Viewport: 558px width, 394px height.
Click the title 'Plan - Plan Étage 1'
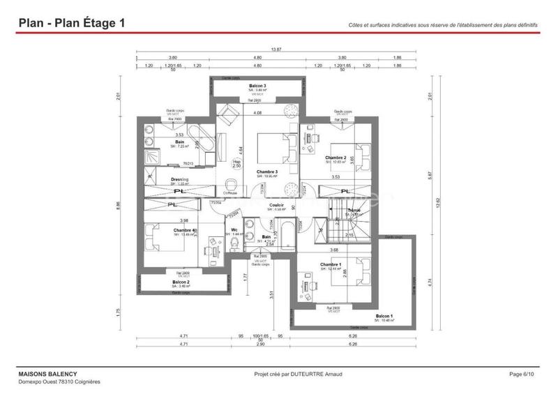72,23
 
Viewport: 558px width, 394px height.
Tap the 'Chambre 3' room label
267,172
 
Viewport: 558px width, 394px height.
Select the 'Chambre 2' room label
335,158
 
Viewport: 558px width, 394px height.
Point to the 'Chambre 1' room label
331,265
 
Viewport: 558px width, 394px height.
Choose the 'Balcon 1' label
384,317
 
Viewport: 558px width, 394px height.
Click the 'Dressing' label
180,179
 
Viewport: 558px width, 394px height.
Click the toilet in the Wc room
235,244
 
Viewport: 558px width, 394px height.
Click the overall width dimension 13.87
276,50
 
